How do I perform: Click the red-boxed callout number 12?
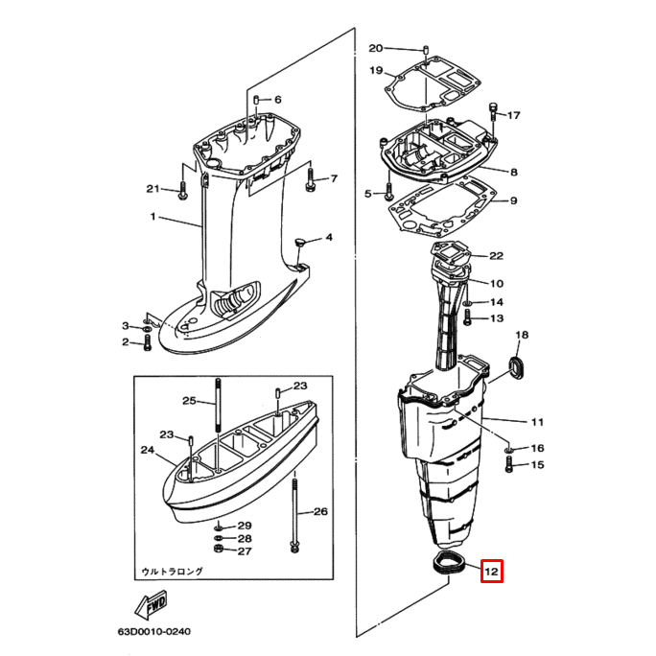tap(491, 573)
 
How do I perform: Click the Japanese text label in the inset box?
tap(173, 571)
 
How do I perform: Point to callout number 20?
tap(375, 48)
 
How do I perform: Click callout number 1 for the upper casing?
tap(152, 217)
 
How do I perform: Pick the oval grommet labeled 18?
tap(518, 367)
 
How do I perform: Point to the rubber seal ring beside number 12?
tap(450, 563)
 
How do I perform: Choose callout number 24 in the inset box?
tap(147, 450)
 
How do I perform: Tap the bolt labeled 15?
tap(509, 467)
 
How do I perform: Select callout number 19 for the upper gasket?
tap(375, 70)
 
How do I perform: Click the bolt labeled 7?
tap(310, 177)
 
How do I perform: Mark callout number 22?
tap(496, 256)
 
